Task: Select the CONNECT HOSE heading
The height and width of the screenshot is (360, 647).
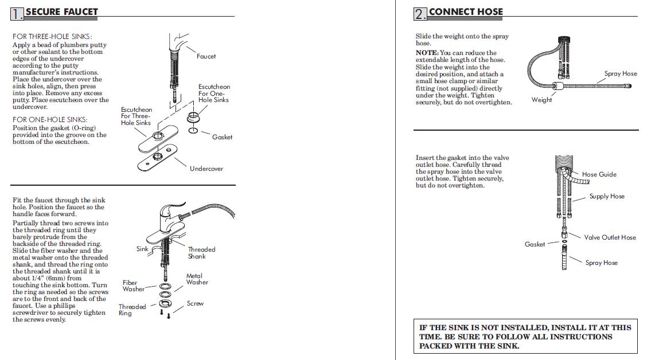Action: [x=466, y=11]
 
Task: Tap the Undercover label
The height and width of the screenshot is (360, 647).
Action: [x=206, y=169]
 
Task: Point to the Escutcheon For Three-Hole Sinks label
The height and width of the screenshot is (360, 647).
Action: [x=136, y=116]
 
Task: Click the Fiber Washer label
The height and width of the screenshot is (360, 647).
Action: [x=133, y=285]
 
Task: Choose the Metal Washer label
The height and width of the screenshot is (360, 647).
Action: [x=197, y=279]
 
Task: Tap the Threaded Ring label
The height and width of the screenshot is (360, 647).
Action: [x=132, y=310]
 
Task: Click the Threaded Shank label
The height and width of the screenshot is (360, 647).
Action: [x=201, y=253]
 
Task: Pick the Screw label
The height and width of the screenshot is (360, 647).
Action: [x=195, y=303]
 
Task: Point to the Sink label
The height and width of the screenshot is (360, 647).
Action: [x=142, y=249]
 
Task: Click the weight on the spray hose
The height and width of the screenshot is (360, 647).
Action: [x=556, y=88]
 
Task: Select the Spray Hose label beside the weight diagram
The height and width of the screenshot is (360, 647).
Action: [x=621, y=73]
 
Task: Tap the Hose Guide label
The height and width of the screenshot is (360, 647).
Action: [x=599, y=174]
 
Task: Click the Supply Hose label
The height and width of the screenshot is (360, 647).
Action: [x=607, y=196]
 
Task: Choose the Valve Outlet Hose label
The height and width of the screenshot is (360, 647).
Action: [x=610, y=237]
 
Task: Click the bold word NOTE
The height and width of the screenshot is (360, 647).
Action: [x=426, y=53]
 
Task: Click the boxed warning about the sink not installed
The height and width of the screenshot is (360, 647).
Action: [x=525, y=336]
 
